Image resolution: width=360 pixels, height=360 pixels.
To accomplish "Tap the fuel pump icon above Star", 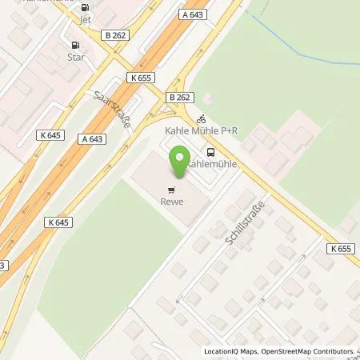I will pos(76,46).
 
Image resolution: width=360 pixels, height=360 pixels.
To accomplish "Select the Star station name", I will pos(77,58).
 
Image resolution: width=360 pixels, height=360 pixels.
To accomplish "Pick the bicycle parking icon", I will pos(201,118).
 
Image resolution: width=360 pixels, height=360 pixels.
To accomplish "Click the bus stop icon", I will pos(210,151).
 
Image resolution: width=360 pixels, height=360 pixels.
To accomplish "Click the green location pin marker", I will pos(180,162).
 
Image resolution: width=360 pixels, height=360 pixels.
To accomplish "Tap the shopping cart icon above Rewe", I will pos(170,190).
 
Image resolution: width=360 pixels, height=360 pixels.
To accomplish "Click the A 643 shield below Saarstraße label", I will pos(92,138).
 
